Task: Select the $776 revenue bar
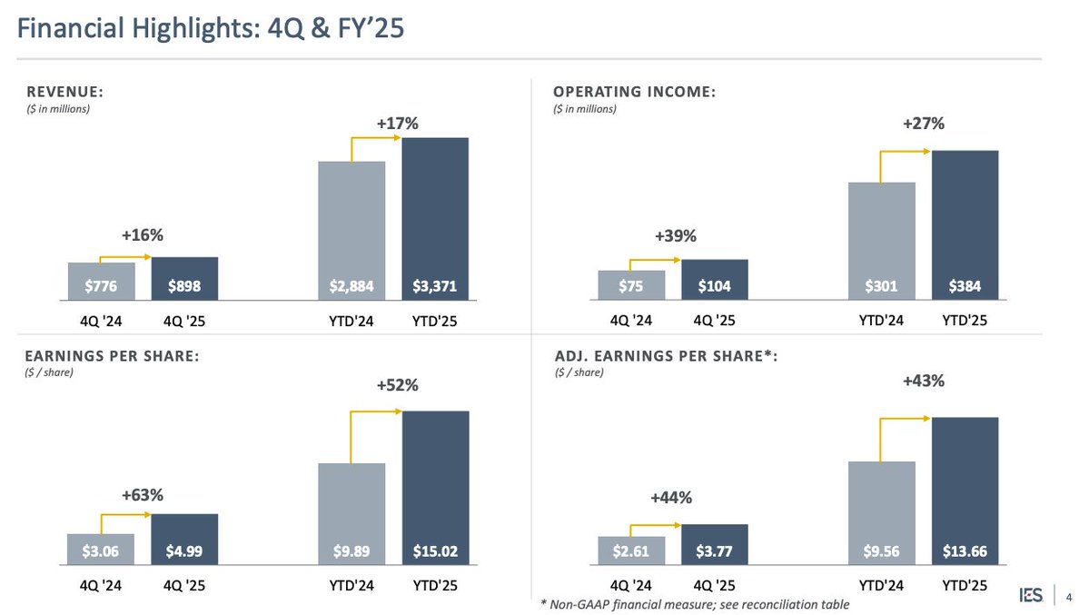pyautogui.click(x=101, y=282)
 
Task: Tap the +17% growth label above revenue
pyautogui.click(x=397, y=123)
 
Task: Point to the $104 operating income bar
pyautogui.click(x=715, y=280)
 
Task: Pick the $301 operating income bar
pyautogui.click(x=881, y=242)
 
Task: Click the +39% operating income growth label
pyautogui.click(x=675, y=236)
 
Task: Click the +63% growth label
pyautogui.click(x=142, y=495)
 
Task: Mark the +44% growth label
pyautogui.click(x=671, y=497)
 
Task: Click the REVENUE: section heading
pyautogui.click(x=64, y=92)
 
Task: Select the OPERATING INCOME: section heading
pyautogui.click(x=634, y=92)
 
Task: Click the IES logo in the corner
pyautogui.click(x=1029, y=596)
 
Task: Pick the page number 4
pyautogui.click(x=1067, y=597)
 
